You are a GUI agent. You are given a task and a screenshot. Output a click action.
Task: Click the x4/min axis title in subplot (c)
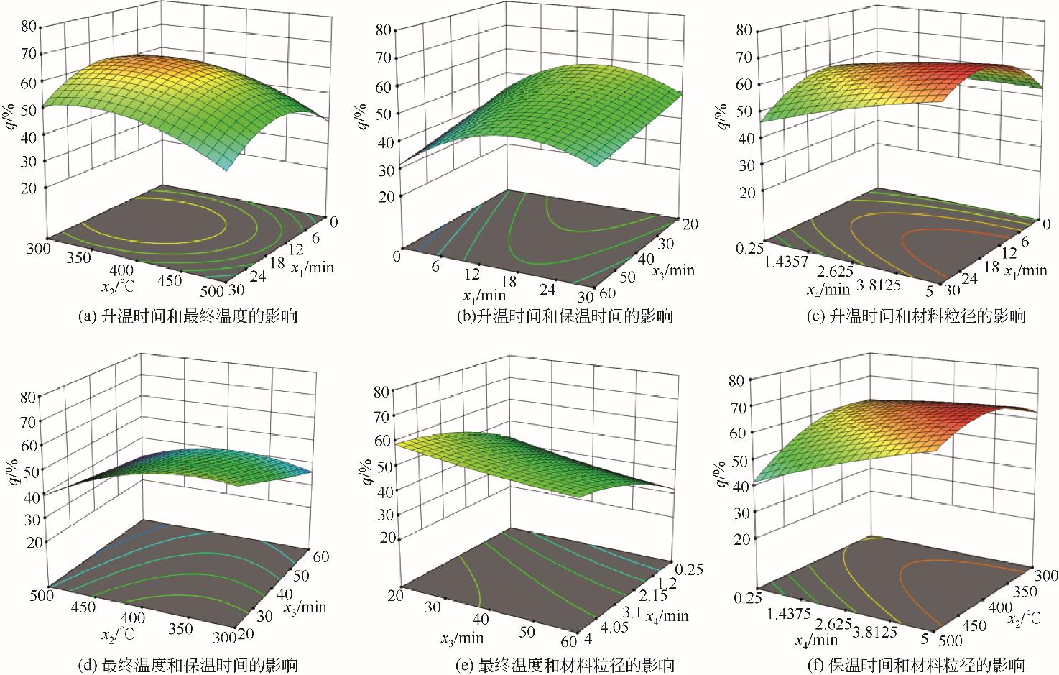[x=820, y=290]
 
